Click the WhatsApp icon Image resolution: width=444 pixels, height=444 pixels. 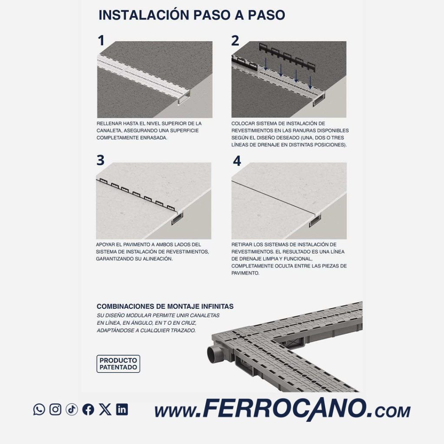(39, 409)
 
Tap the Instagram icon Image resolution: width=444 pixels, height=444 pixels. (55, 409)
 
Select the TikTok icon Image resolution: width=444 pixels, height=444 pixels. (72, 409)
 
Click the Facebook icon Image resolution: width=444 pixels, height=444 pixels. (88, 409)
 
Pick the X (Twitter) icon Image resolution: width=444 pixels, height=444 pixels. (105, 409)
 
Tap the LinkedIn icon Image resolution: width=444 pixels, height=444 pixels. (122, 409)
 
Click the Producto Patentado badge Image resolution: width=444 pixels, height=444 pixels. (118, 364)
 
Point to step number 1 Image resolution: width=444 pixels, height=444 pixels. (101, 40)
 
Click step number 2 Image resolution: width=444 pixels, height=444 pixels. (235, 40)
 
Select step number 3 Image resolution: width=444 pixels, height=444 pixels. (101, 160)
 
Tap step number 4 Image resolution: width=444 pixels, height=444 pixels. (237, 161)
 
